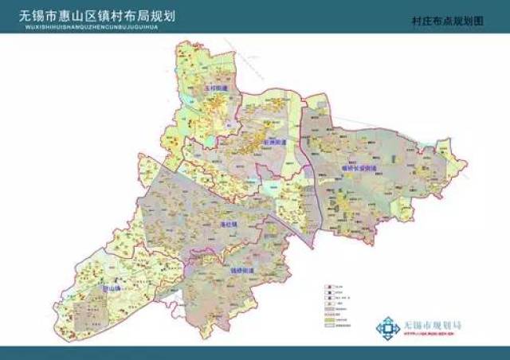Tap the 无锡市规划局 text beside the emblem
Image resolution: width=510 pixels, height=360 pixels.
tap(433, 326)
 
